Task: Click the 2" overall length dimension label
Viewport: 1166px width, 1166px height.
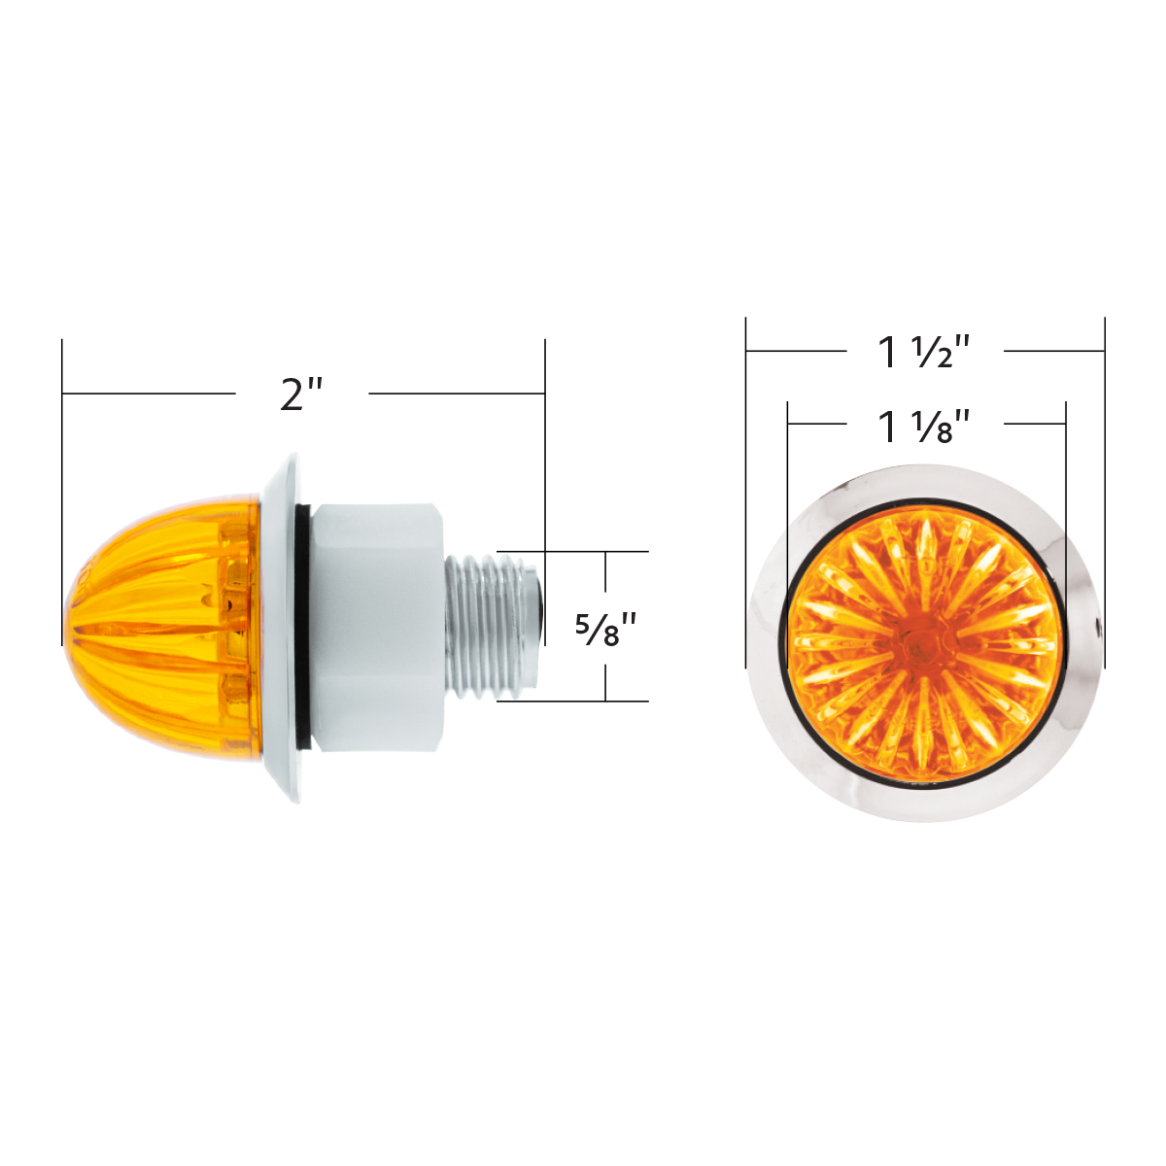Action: (301, 394)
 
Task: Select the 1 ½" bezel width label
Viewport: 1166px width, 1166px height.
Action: (924, 351)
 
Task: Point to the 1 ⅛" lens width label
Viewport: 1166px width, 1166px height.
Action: (924, 426)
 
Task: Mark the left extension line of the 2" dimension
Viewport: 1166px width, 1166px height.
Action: (62, 486)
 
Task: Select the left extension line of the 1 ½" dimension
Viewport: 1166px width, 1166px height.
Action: (745, 486)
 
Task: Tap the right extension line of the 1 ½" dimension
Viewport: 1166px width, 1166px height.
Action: (1105, 486)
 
